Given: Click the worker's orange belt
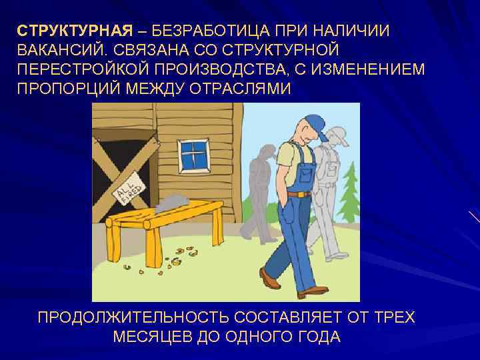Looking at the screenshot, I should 299,194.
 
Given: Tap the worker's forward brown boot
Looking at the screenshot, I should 270,278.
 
